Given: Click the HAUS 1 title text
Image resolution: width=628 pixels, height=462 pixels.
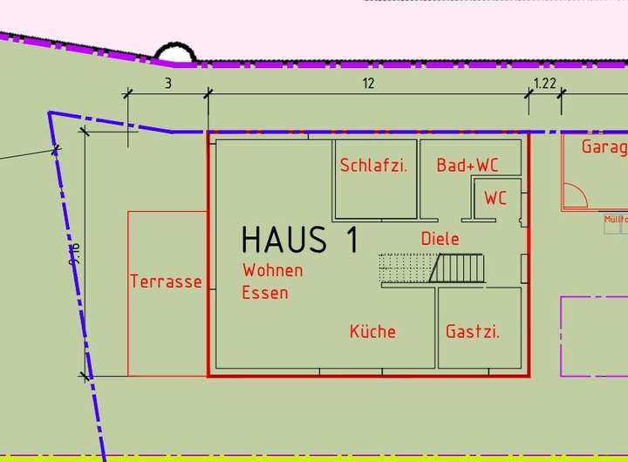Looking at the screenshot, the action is (299, 240).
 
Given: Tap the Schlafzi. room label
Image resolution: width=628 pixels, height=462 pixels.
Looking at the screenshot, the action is (373, 165).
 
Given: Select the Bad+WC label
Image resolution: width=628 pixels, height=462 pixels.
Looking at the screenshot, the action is (468, 165).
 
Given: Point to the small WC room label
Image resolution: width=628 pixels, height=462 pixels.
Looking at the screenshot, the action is (495, 199).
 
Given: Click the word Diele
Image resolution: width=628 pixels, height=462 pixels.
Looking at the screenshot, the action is (440, 239).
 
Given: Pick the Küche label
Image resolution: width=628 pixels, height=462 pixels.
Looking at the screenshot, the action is (372, 331).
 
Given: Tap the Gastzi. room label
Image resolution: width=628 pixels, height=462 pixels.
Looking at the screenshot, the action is (473, 331).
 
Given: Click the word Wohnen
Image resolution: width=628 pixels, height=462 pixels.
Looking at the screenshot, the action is (273, 270).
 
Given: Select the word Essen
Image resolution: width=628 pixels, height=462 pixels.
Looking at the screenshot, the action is (265, 293).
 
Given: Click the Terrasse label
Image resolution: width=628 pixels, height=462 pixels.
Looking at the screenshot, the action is (166, 282).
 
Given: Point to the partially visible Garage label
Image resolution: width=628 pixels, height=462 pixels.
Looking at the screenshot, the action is (604, 146).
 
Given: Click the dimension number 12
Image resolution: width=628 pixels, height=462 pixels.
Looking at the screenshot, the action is (368, 84).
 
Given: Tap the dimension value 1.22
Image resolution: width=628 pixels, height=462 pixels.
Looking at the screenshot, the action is (544, 84).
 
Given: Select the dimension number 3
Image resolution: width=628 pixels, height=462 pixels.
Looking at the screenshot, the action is (167, 84).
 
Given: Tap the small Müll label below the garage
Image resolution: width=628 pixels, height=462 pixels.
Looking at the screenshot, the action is (615, 219).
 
